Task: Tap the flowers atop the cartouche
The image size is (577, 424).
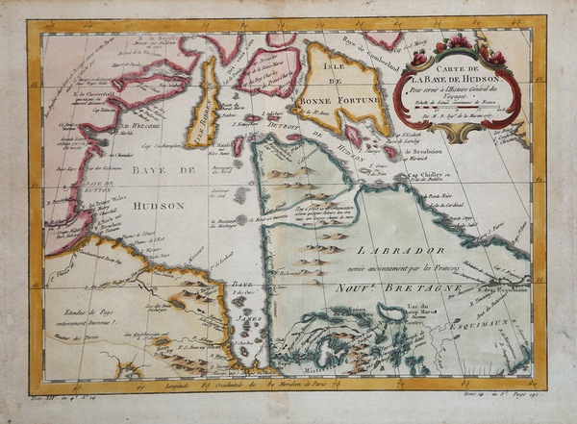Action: (457, 41)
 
